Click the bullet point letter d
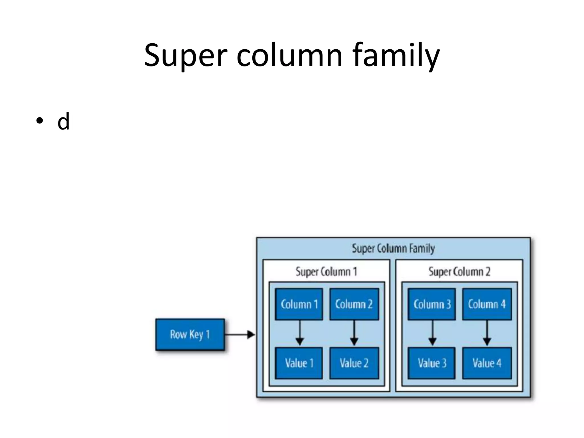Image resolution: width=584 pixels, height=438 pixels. (63, 121)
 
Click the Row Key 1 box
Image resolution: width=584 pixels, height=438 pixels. (190, 334)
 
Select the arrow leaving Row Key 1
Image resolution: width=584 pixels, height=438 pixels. (240, 334)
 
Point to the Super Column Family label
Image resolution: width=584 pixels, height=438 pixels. (393, 248)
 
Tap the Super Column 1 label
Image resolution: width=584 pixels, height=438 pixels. (326, 271)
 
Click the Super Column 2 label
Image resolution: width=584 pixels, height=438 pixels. (459, 271)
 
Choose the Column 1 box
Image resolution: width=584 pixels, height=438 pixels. (299, 304)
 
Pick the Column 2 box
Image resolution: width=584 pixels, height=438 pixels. (354, 304)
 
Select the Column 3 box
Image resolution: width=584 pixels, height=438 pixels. (432, 304)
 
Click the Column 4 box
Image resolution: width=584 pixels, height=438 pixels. (487, 304)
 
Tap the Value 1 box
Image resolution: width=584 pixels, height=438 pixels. (299, 363)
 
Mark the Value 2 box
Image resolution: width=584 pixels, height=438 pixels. (354, 363)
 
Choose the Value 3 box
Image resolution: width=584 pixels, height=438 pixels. (432, 363)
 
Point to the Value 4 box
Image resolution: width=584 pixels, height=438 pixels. (487, 363)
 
